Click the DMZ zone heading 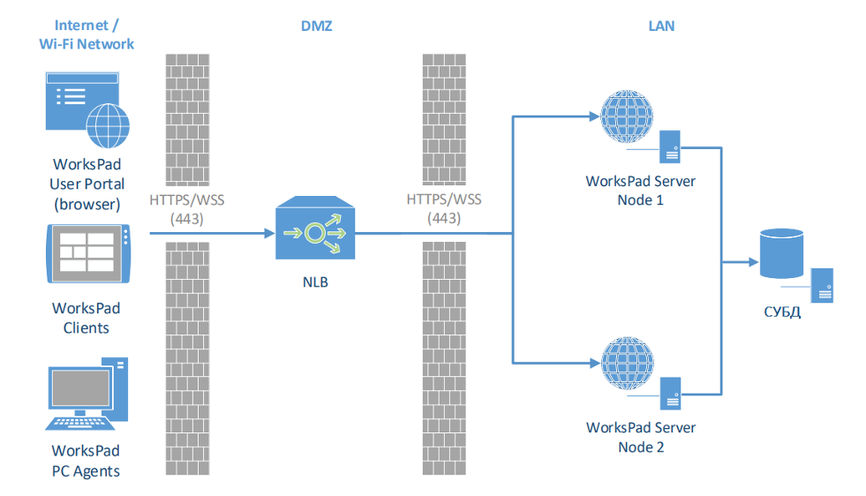click(x=316, y=26)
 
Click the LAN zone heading click(x=661, y=26)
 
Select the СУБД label click(x=781, y=312)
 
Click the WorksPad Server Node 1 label click(x=641, y=191)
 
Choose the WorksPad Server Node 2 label click(x=641, y=437)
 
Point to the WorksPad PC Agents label click(x=87, y=461)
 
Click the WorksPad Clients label click(x=87, y=318)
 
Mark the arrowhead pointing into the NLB click(x=267, y=234)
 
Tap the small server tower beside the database click(x=824, y=285)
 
